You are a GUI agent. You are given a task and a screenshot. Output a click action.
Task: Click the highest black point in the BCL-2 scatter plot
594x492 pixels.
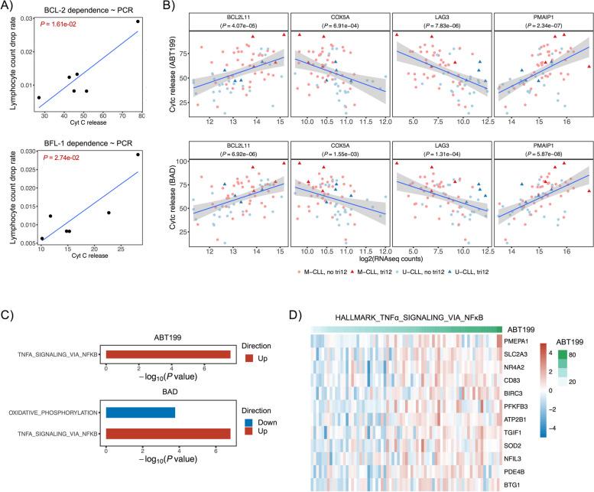click(x=138, y=21)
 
